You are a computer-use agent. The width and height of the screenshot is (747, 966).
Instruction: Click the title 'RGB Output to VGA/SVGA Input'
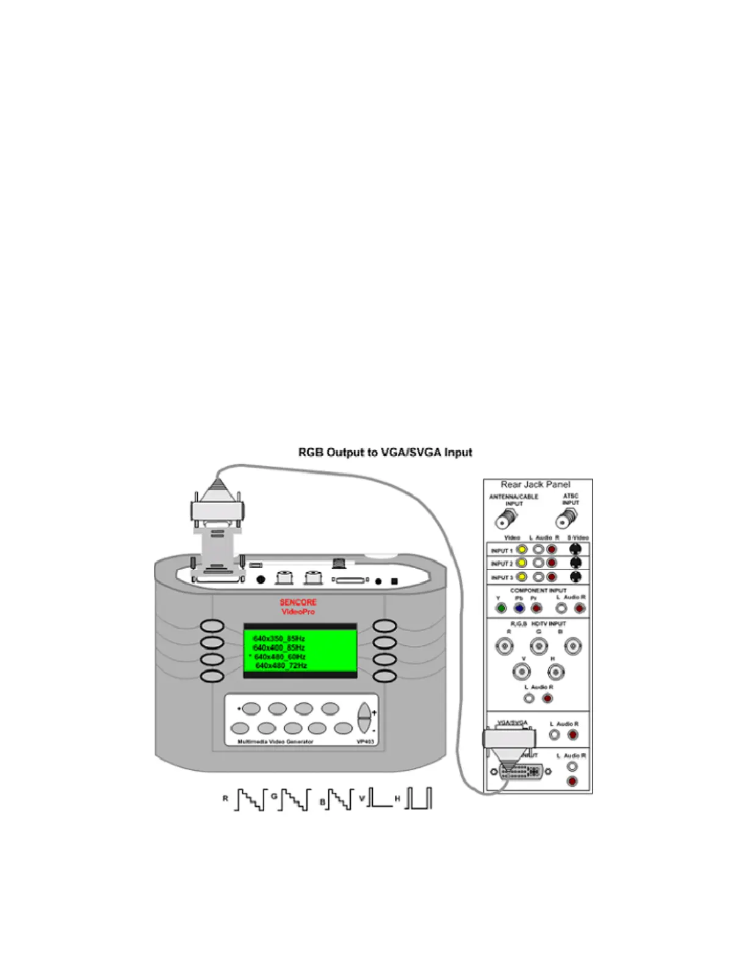384,453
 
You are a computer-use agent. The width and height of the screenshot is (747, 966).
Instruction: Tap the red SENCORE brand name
298,603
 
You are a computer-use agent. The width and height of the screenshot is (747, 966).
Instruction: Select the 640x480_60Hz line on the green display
280,657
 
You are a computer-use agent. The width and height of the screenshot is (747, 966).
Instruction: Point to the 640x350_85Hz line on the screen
279,639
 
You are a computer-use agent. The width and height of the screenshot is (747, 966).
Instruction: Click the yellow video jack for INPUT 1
522,549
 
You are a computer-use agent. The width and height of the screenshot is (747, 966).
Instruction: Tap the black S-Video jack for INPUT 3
575,577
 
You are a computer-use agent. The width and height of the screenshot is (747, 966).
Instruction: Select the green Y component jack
501,608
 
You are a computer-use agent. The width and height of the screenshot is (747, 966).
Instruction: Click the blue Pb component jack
519,608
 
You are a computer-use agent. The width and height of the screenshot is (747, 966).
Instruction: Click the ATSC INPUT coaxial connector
566,519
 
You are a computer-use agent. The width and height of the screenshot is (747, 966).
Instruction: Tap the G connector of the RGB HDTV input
538,646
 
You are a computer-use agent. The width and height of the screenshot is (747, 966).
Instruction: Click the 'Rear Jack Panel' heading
535,485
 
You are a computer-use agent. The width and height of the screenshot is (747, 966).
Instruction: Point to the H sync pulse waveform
419,798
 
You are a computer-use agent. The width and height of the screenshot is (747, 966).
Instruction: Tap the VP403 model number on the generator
366,742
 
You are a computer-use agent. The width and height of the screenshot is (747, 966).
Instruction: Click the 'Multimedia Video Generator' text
275,742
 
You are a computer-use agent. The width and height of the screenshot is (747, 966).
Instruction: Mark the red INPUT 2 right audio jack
552,563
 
